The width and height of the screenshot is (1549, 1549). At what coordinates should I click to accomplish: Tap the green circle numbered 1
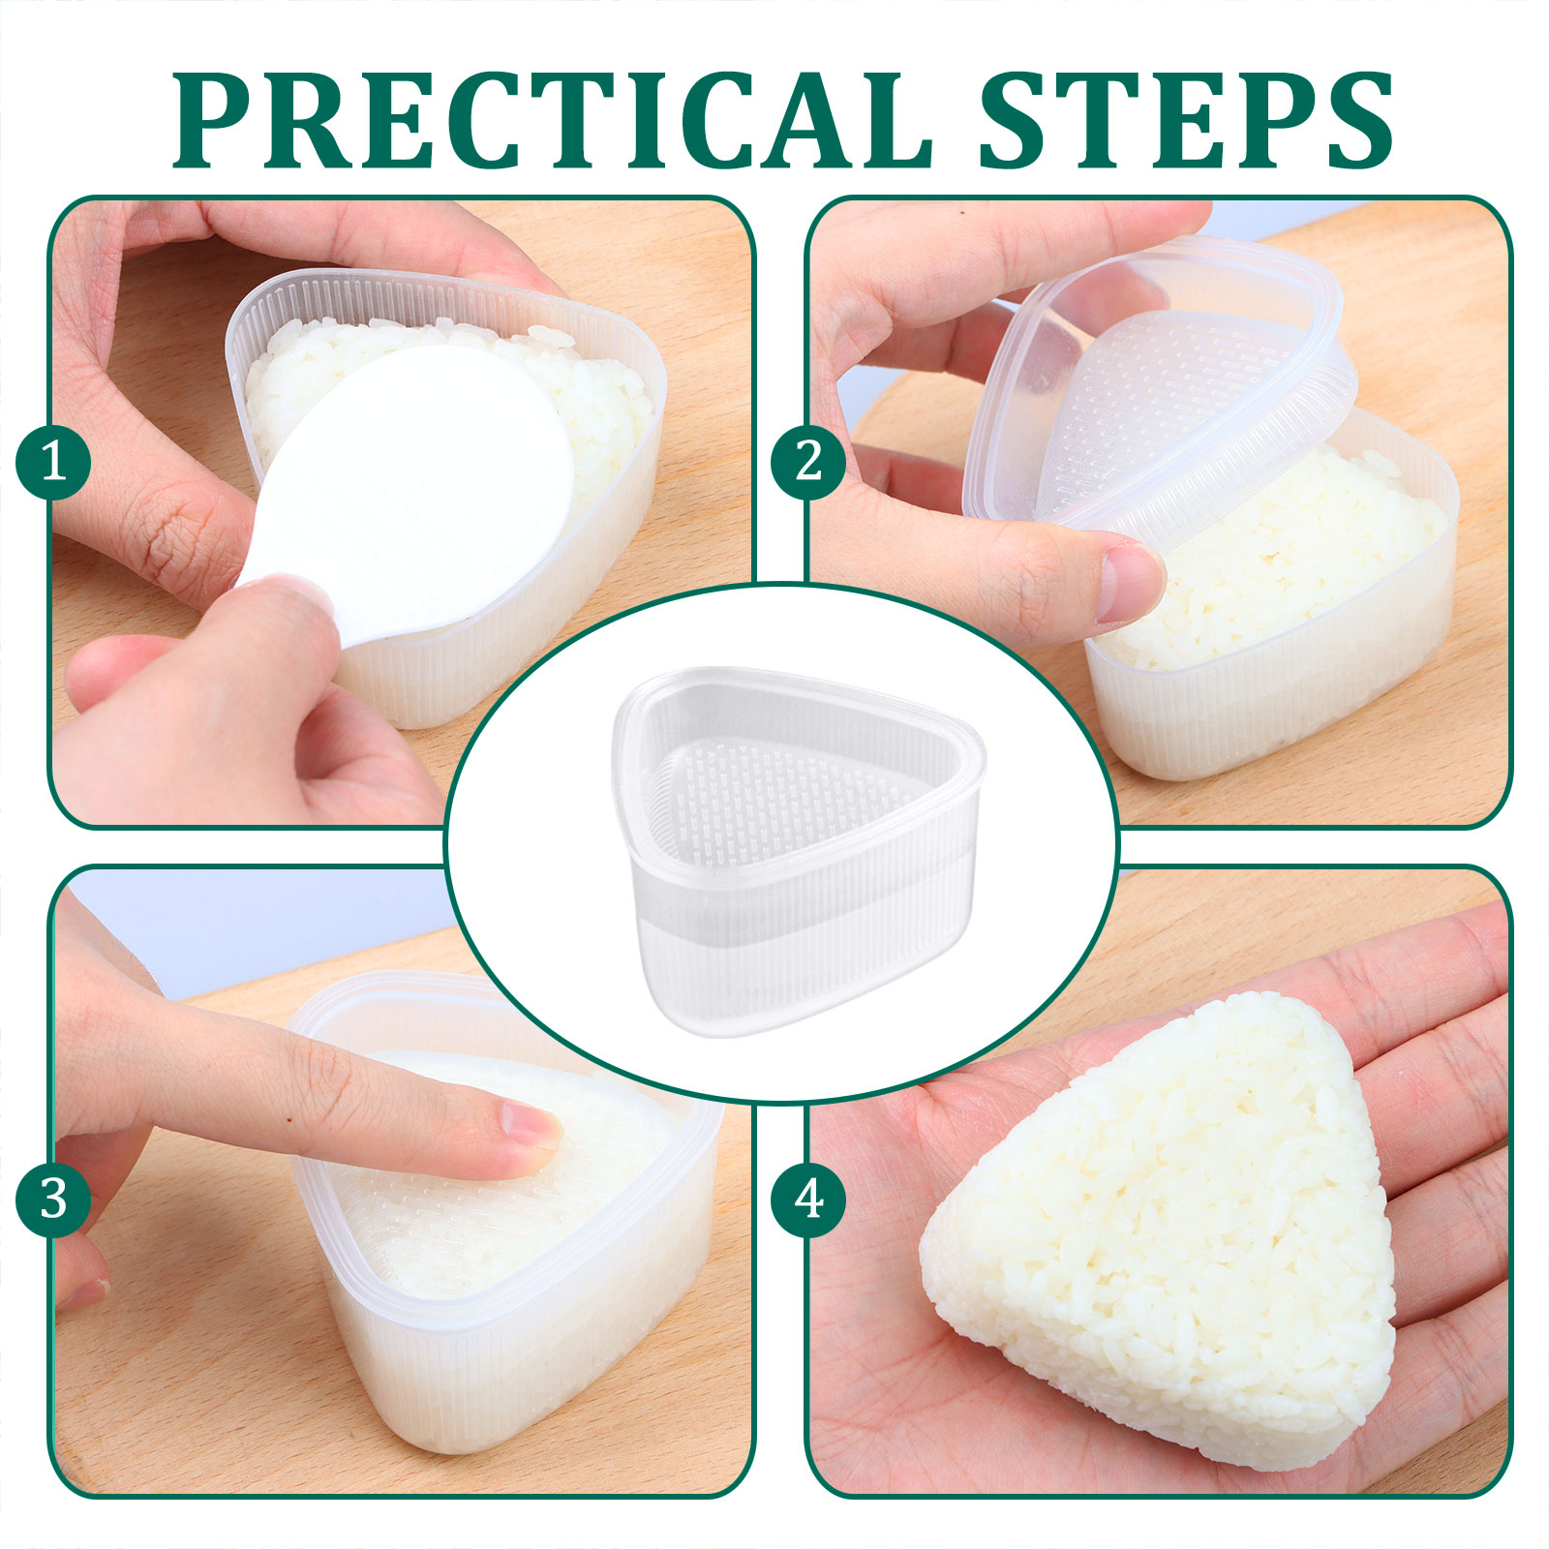53,462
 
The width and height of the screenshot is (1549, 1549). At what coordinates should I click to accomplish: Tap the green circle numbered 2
808,462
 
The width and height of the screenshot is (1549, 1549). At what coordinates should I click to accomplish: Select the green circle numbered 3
53,1200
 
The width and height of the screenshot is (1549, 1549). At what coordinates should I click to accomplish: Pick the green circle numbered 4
808,1200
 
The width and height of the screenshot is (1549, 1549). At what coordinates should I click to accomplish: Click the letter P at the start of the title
212,120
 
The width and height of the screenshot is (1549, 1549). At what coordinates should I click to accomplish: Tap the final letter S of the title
1354,120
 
